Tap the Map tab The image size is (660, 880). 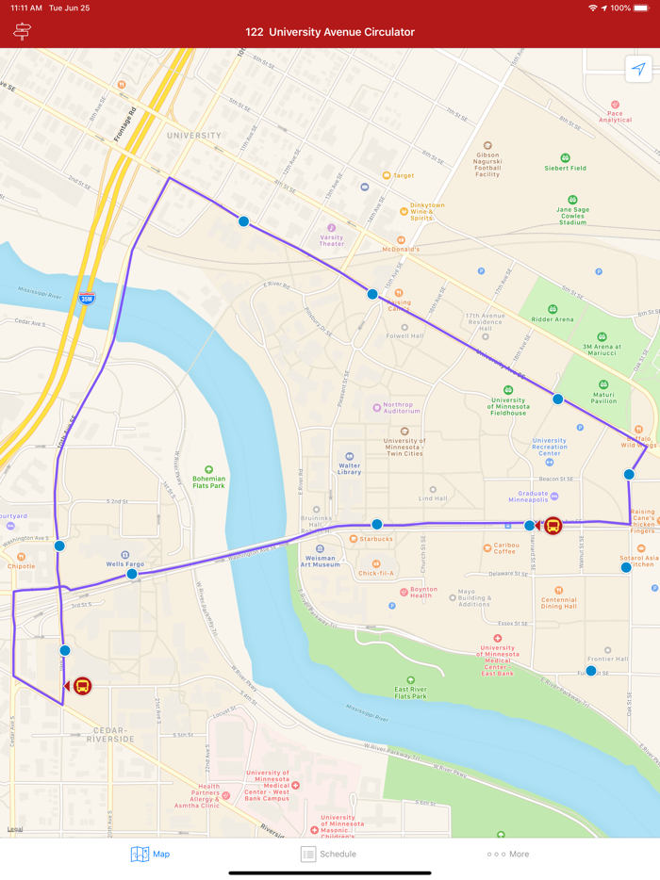(150, 854)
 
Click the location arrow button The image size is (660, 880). (638, 70)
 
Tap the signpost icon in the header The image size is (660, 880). (22, 32)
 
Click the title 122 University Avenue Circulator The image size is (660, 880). (329, 32)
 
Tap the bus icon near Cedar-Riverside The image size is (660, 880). (82, 686)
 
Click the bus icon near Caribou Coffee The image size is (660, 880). (553, 526)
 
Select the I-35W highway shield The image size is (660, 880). (87, 299)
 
